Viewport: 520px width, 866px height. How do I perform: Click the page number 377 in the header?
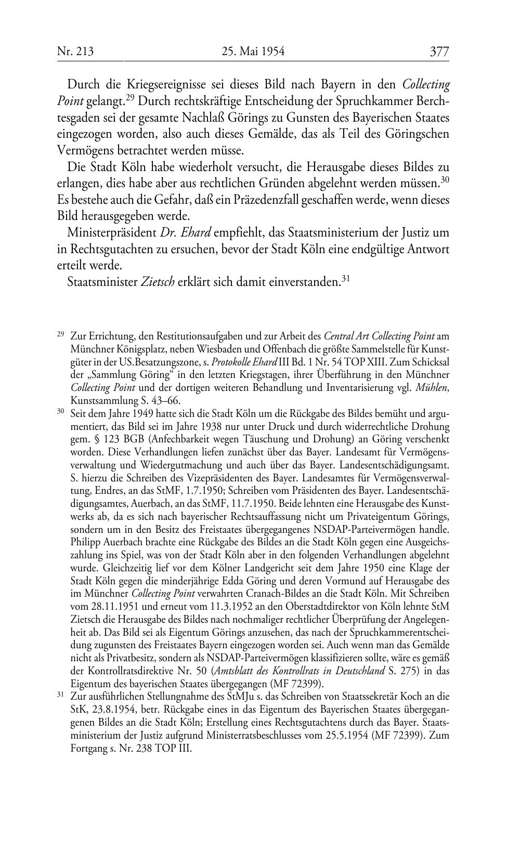pos(439,51)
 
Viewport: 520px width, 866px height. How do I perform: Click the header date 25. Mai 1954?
pos(253,51)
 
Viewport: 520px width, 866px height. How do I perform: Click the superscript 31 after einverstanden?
pos(344,279)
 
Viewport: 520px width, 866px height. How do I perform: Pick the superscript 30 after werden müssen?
pos(445,180)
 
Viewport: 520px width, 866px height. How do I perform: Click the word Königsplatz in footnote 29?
pos(135,347)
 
